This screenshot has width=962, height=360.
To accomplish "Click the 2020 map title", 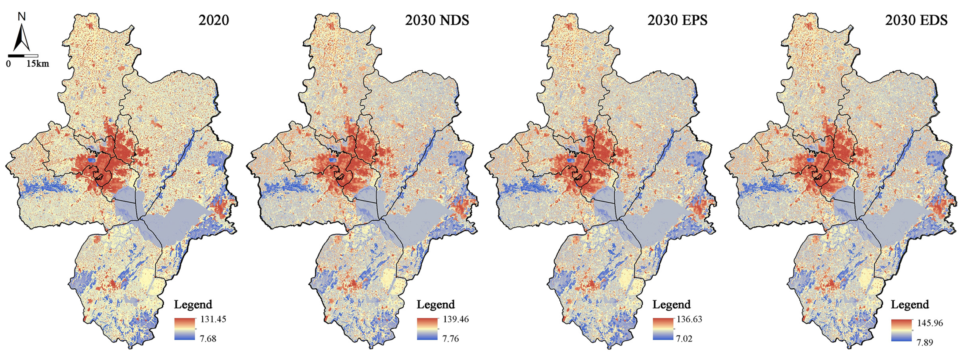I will coord(213,20).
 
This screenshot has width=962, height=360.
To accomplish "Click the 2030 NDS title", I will coord(437,20).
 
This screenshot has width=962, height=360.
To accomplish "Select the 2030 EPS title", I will coord(677,20).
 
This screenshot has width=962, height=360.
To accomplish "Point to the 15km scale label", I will coord(37,64).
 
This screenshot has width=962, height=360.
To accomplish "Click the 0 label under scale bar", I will coord(8,64).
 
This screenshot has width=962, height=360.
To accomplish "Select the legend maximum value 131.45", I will coord(213,319).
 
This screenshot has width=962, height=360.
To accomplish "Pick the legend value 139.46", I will coord(456,319).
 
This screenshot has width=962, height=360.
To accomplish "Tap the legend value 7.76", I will coord(450,339).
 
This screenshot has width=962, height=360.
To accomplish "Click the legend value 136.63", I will coord(689,319).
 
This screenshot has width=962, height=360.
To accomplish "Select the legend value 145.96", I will coord(930,323).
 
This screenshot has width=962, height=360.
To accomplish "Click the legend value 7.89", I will coord(925,342).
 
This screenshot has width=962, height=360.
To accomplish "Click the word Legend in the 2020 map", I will coord(193,305).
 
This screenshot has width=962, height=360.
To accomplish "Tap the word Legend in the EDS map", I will coord(910,305).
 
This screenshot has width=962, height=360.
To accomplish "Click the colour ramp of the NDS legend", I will coord(427,329).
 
